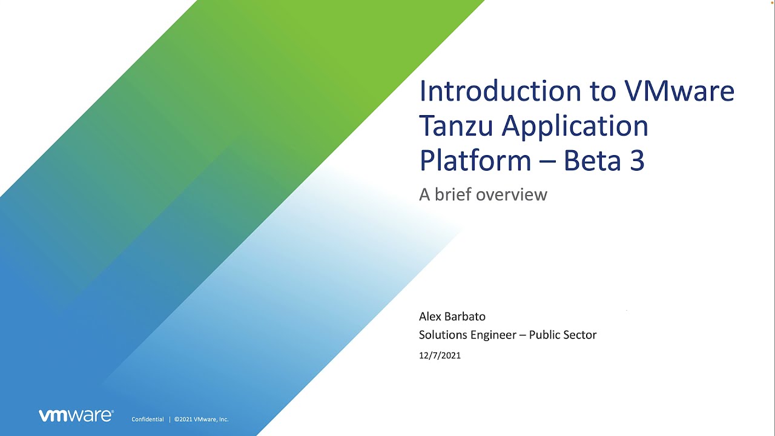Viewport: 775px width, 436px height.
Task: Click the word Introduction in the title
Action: (500, 91)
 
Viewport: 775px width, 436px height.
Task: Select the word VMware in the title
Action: (679, 91)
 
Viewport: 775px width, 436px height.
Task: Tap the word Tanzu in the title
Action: (456, 125)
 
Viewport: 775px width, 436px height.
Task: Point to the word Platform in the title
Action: (475, 160)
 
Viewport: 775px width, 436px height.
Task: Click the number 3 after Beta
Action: (638, 160)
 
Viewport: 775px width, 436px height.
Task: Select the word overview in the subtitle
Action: (512, 194)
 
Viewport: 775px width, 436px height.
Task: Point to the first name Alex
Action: (429, 316)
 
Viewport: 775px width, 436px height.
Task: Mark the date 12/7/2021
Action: (440, 355)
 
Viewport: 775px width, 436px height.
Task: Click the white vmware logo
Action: (76, 415)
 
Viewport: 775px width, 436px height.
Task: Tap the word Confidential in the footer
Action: (148, 420)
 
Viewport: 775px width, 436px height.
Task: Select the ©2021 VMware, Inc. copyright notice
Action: (202, 420)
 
